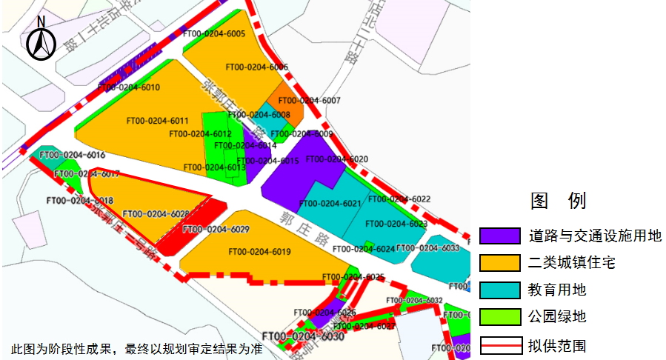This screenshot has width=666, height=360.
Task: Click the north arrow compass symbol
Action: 41,39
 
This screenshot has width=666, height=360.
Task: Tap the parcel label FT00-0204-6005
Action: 214,34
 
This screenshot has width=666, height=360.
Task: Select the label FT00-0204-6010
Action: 129,87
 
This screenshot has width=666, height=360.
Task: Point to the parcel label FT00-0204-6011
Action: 157,121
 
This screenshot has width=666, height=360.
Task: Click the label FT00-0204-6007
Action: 309,100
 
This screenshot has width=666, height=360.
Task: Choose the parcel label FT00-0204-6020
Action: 336,159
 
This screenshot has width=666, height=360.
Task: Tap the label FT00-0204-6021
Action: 330,204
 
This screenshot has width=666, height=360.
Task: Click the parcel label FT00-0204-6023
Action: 396,224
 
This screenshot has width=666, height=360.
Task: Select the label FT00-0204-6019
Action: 259,252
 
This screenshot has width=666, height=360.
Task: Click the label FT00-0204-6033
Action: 428,248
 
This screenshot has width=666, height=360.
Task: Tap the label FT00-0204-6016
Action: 72,156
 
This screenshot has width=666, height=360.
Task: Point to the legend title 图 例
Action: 558,200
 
